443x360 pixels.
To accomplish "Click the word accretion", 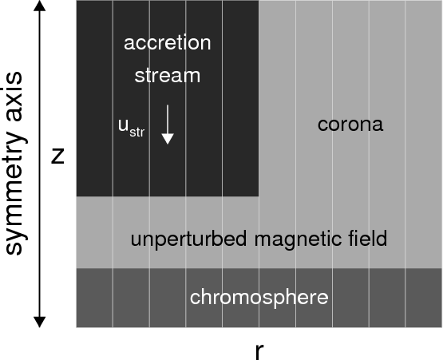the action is click(168, 43).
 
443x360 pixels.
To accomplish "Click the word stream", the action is click(168, 76).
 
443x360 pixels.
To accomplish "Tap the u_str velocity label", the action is click(132, 128).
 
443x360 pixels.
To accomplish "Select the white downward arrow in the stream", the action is click(168, 125).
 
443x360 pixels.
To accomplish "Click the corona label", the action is click(350, 124).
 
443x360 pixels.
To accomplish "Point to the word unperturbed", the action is click(188, 239).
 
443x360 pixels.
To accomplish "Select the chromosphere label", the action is click(259, 298).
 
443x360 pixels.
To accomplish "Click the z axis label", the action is click(57, 156).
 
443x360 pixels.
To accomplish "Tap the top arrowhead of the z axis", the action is click(40, 6).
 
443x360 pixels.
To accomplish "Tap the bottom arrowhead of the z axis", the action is click(40, 322).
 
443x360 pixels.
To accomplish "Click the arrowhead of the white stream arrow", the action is click(168, 139).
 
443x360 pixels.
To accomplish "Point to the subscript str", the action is click(137, 133).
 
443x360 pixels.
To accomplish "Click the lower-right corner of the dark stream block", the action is click(259, 196).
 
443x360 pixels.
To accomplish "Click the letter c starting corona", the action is click(322, 125).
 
